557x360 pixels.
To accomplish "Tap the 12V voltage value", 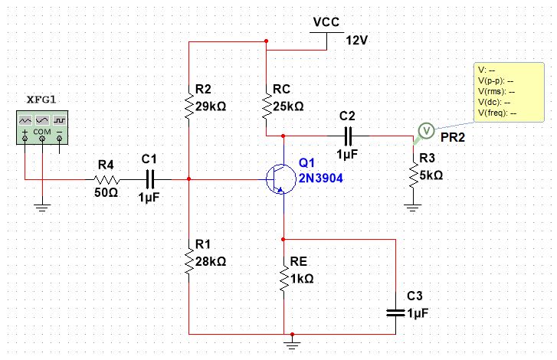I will point(357,40).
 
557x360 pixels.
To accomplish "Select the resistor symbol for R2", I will point(188,106).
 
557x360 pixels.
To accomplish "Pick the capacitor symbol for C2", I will point(347,136).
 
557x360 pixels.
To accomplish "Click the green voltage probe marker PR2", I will point(426,130).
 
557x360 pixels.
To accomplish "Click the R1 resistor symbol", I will point(188,261).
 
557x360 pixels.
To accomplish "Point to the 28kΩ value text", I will point(211,261).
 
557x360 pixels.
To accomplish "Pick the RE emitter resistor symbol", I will point(283,277).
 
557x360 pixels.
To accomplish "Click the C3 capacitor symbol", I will point(395,312).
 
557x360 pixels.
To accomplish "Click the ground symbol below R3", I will point(414,203).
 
